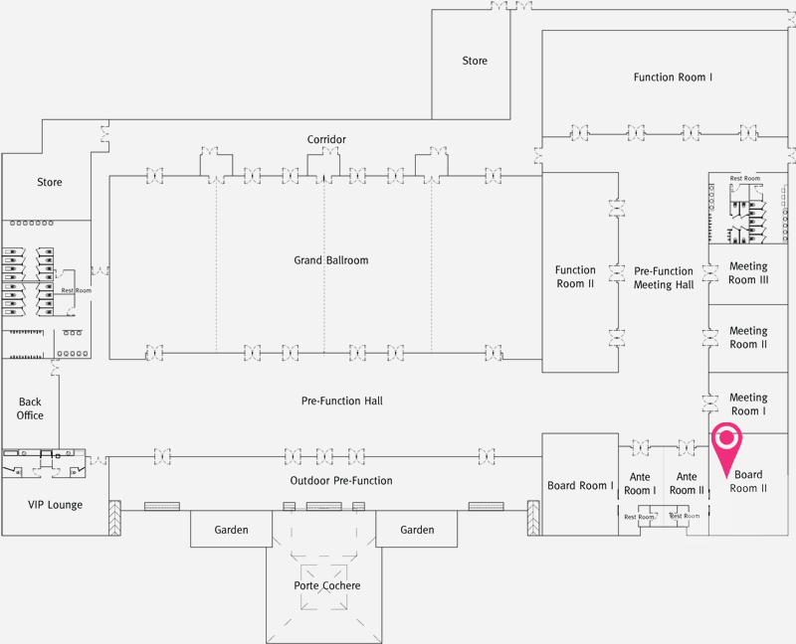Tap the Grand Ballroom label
click(331, 260)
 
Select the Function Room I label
click(673, 78)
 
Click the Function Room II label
click(575, 276)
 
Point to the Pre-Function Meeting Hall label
click(664, 277)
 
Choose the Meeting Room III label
click(748, 273)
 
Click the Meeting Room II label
click(748, 338)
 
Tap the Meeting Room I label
click(748, 404)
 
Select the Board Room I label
click(581, 486)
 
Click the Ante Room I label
click(640, 484)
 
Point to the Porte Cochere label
click(326, 585)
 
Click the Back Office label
click(30, 408)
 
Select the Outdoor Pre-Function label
click(341, 481)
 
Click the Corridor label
click(326, 139)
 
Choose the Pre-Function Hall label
click(341, 402)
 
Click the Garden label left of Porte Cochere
click(231, 530)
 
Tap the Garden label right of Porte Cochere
click(417, 530)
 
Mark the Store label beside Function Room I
click(475, 61)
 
